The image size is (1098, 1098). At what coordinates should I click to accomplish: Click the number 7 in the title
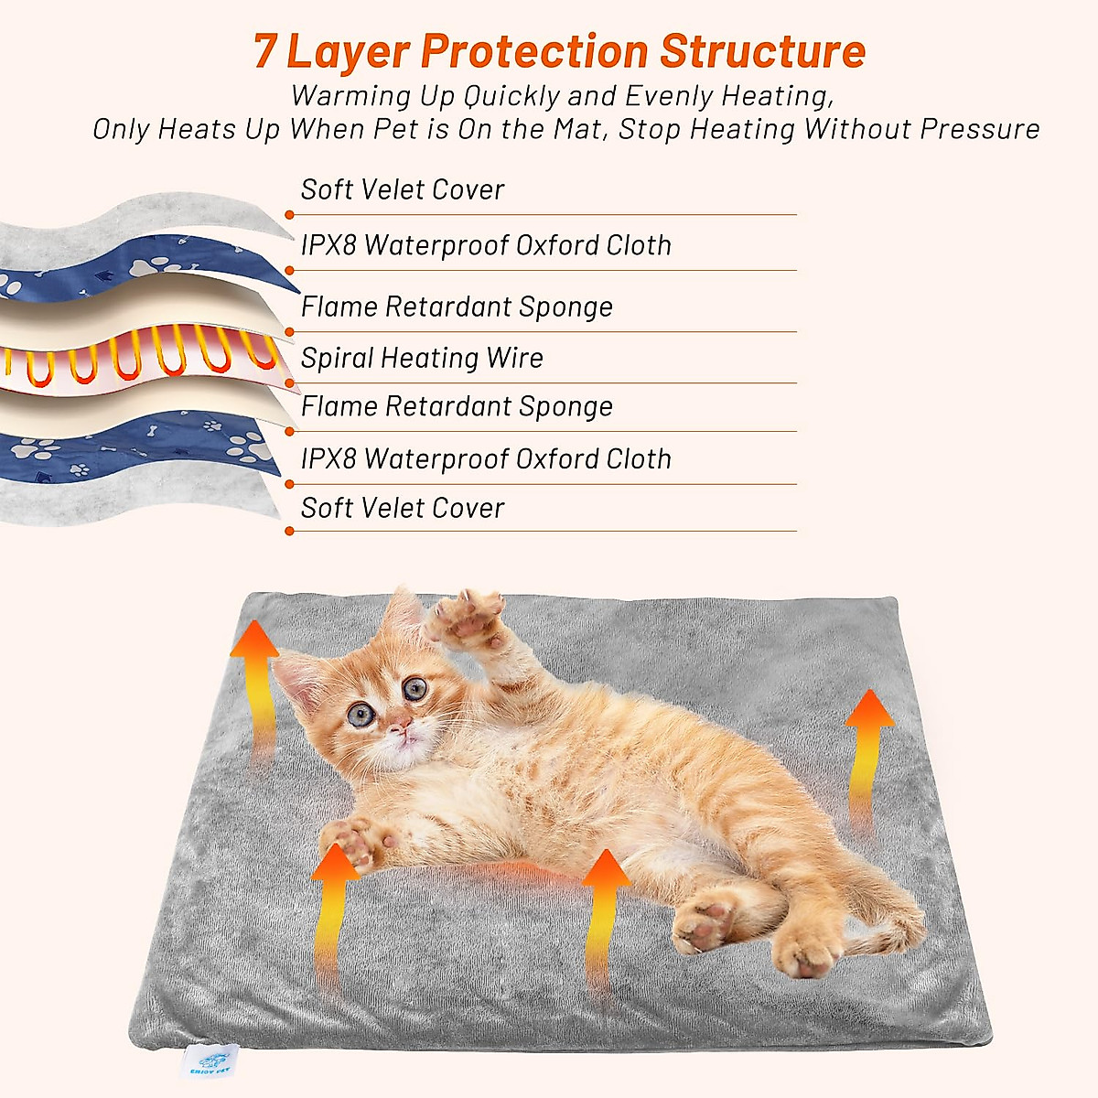click(x=264, y=51)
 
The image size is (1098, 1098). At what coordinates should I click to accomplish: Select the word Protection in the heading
click(x=534, y=51)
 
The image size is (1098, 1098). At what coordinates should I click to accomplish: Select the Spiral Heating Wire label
click(x=422, y=358)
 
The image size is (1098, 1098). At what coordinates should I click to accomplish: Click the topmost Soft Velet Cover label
click(x=403, y=189)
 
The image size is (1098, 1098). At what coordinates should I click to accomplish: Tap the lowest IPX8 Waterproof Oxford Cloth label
click(x=486, y=458)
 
